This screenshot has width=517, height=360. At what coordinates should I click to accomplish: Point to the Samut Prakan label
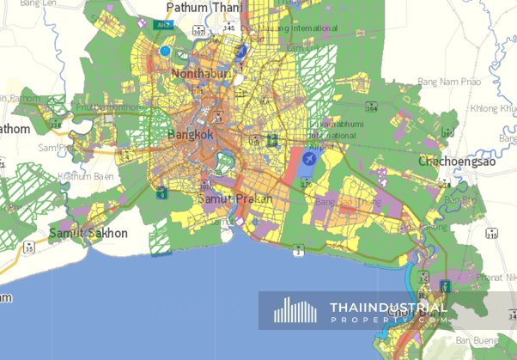234,198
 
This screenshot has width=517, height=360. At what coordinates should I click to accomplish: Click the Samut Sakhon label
88,233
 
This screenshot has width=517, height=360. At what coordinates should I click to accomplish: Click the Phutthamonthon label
107,107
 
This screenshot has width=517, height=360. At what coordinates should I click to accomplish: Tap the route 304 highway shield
370,109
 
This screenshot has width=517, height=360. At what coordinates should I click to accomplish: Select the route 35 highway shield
29,247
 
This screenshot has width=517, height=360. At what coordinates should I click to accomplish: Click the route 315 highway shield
490,235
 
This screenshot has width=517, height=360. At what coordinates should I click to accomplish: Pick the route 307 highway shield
198,30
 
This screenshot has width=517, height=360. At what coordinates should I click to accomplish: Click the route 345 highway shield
228,28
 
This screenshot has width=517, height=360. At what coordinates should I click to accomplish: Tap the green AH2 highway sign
162,26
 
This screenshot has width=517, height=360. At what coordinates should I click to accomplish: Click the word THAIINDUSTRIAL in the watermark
388,308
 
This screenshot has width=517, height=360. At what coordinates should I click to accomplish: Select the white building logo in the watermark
295,310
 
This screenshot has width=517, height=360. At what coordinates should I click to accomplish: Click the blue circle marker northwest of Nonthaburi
166,52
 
